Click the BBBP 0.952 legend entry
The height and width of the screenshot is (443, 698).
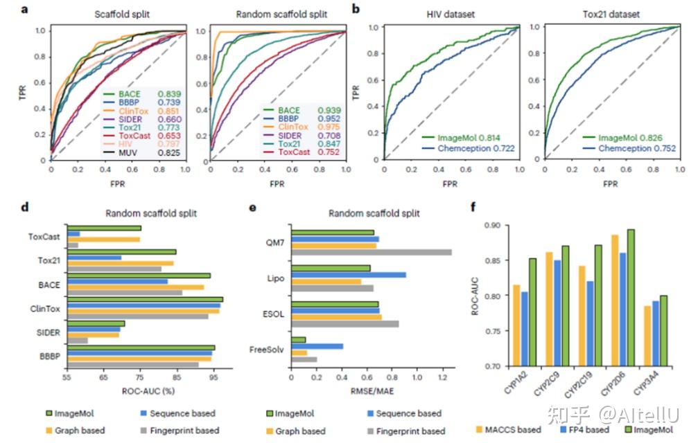click(301, 118)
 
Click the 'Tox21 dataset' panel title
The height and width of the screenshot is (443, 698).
click(600, 15)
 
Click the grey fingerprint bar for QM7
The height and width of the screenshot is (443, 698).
click(372, 252)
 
